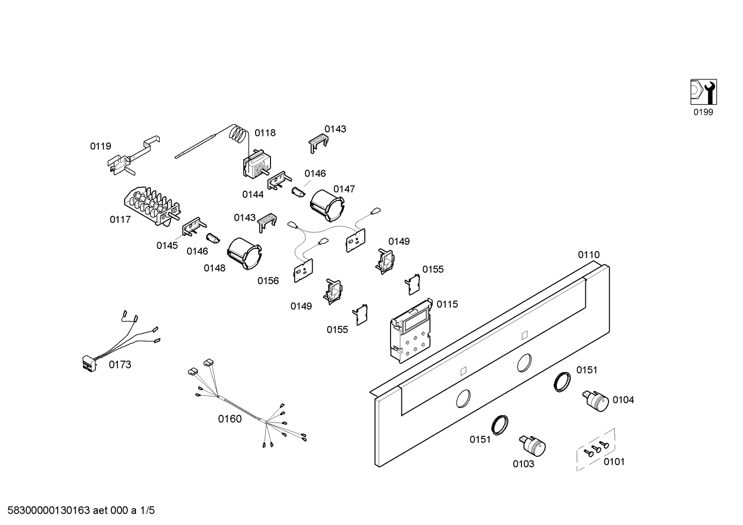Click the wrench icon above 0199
coord(703,92)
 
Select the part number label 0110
coord(588,255)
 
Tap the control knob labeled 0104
coord(597,400)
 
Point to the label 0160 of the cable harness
coord(230,419)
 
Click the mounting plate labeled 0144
coord(277,180)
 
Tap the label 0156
coord(268,281)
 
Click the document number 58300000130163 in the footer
coord(46,511)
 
